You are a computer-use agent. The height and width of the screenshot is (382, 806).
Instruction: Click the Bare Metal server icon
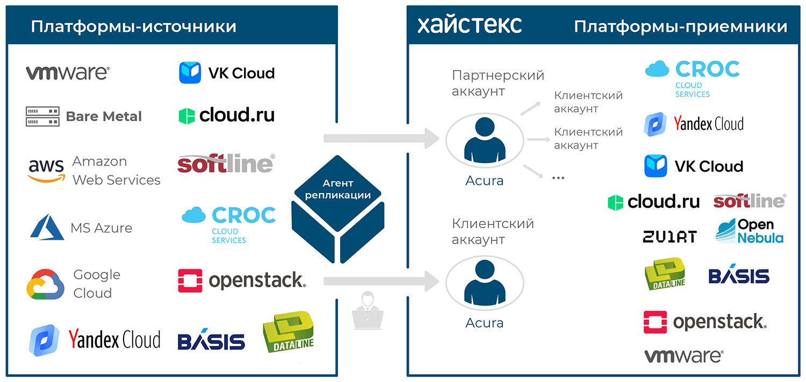[x=42, y=116]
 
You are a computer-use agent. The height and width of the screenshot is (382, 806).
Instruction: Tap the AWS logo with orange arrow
[x=46, y=171]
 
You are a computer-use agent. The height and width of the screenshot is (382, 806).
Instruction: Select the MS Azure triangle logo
[x=47, y=227]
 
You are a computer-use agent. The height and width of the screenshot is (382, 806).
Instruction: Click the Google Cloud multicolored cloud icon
[x=45, y=284]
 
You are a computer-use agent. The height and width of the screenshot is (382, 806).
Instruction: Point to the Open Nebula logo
[x=750, y=231]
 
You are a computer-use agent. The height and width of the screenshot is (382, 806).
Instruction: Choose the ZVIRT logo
[x=670, y=237]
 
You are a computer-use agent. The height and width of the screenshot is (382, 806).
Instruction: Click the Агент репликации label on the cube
[x=337, y=189]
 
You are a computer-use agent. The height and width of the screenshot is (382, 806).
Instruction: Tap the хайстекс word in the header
[x=470, y=25]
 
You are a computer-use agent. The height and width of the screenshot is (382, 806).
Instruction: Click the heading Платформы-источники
[x=133, y=27]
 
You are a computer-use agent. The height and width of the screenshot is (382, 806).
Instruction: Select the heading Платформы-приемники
[x=680, y=27]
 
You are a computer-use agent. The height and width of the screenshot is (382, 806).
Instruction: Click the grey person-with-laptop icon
[x=368, y=310]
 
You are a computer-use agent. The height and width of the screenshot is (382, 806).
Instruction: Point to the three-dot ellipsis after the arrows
[x=558, y=178]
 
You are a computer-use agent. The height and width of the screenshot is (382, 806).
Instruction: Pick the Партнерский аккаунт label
[x=498, y=83]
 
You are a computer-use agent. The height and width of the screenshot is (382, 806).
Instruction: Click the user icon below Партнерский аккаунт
[x=485, y=140]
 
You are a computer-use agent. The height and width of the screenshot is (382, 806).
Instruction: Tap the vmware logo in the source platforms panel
[x=68, y=73]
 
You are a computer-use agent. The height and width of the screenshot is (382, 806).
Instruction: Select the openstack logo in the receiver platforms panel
[x=705, y=322]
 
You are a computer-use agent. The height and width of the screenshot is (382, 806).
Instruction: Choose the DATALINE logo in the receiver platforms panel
[x=665, y=274]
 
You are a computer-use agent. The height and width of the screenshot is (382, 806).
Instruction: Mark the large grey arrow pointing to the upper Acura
[x=381, y=138]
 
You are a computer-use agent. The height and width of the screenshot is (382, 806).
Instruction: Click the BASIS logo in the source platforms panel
[x=211, y=339]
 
